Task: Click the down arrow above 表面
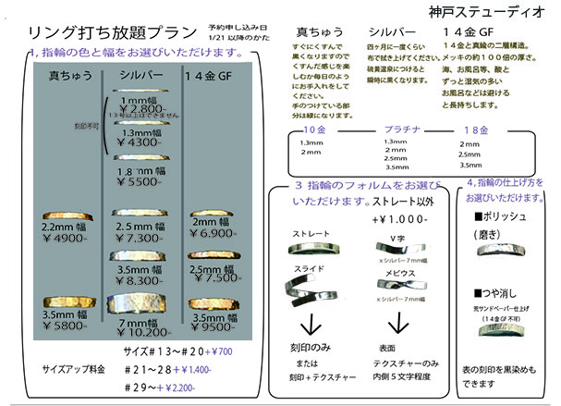pyautogui.click(x=398, y=325)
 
